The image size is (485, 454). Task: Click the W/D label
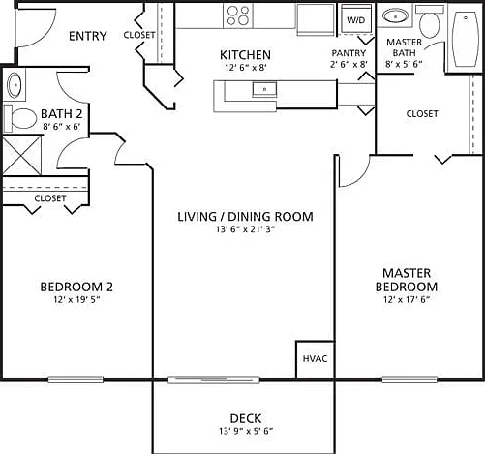pos(356,20)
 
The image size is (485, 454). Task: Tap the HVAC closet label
pos(315,358)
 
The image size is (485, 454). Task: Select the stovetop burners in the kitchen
pos(238,15)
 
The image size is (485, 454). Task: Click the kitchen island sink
pos(264,89)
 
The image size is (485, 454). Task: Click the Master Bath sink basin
pos(395,15)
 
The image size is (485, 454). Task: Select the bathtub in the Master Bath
pos(466,39)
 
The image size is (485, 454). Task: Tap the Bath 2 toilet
pos(20,118)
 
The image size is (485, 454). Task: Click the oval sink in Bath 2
pos(15,85)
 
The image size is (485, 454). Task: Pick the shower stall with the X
pos(22,156)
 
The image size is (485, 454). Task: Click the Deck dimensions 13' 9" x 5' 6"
pos(246,431)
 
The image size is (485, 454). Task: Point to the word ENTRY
pos(88,36)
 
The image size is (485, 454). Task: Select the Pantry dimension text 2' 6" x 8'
pos(349,64)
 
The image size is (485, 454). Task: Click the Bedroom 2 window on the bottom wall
pos(76,379)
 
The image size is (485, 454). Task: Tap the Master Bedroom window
pos(409,379)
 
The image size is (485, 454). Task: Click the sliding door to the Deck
pos(214,379)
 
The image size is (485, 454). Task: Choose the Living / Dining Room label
pos(245,217)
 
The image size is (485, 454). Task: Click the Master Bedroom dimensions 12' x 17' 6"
pos(407,300)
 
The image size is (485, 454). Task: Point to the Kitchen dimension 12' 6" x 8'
pos(245,68)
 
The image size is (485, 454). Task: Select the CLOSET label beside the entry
pos(139,35)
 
